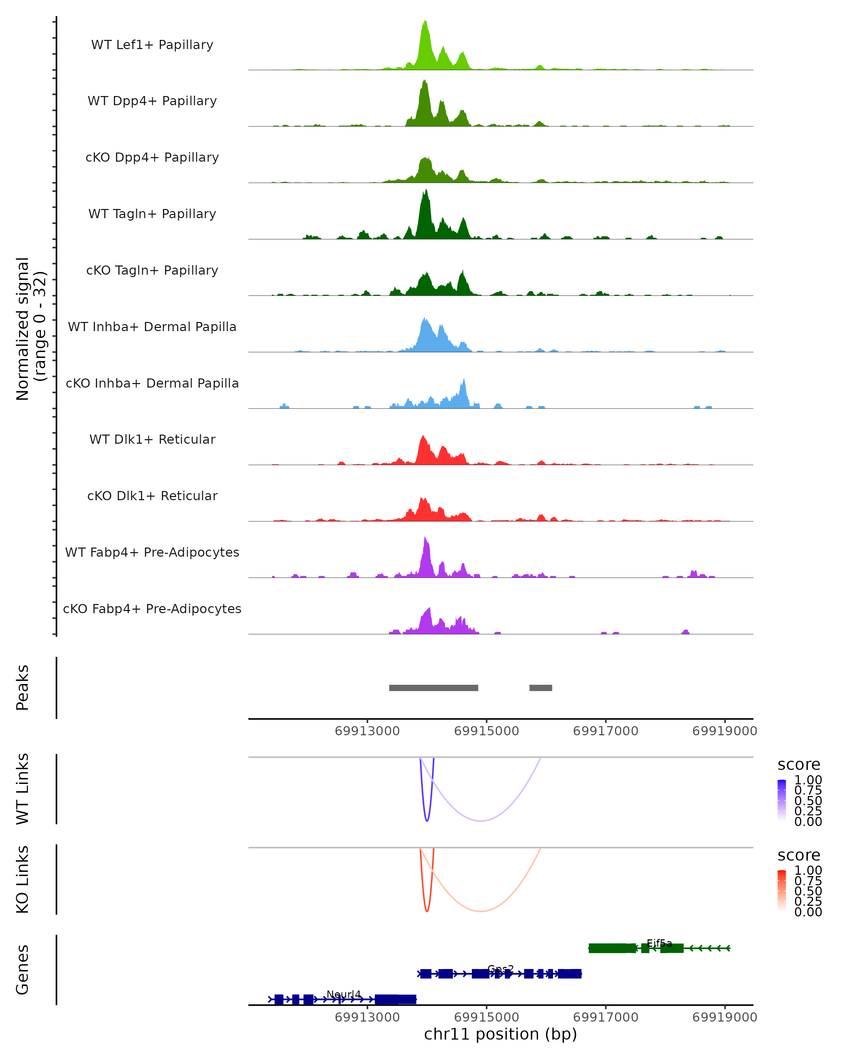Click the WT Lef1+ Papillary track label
152,45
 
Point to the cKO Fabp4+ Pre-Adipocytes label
152,609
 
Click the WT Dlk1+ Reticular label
152,439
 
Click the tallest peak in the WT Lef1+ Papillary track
425,23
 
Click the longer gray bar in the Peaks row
434,688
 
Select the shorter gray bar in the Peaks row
541,688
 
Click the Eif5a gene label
659,943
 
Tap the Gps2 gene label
500,969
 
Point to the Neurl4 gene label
344,994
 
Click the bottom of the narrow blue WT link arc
427,821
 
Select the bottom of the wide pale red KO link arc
481,911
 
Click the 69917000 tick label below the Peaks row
605,731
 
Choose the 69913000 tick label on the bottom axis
367,1017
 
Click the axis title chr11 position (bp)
500,1034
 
